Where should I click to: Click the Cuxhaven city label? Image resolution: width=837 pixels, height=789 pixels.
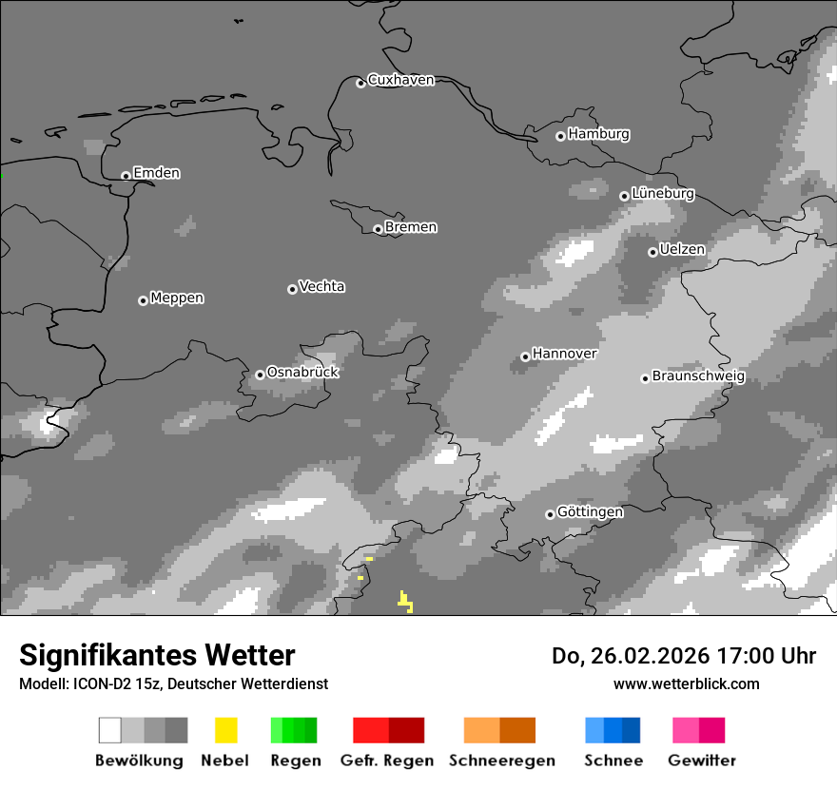point(400,80)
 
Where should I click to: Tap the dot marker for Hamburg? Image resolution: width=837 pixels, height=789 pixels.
point(560,136)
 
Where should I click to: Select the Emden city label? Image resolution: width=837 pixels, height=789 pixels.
point(156,173)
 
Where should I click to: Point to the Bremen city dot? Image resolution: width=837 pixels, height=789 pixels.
point(378,229)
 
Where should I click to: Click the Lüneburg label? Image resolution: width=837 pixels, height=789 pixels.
point(663,194)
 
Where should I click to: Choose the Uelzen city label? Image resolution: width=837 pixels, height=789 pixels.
point(682,250)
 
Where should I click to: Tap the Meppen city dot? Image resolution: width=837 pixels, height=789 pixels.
point(143,300)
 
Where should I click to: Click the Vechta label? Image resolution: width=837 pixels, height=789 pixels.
point(321,287)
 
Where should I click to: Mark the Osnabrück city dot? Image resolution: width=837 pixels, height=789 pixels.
point(260,375)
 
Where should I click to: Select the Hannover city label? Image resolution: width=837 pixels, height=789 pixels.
point(564,354)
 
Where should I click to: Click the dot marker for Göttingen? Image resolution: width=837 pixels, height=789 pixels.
point(550,514)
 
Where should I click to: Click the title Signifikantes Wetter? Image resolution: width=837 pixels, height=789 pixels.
point(157,656)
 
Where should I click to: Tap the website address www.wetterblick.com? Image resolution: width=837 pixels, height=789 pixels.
point(686,683)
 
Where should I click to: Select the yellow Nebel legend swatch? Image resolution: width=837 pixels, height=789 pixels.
point(225,730)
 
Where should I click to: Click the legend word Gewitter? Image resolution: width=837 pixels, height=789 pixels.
point(701,760)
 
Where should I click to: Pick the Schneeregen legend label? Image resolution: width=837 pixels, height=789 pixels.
point(501,760)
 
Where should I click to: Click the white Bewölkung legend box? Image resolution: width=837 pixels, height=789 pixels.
point(109,730)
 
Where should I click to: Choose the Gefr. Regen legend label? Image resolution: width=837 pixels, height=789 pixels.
point(386,760)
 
